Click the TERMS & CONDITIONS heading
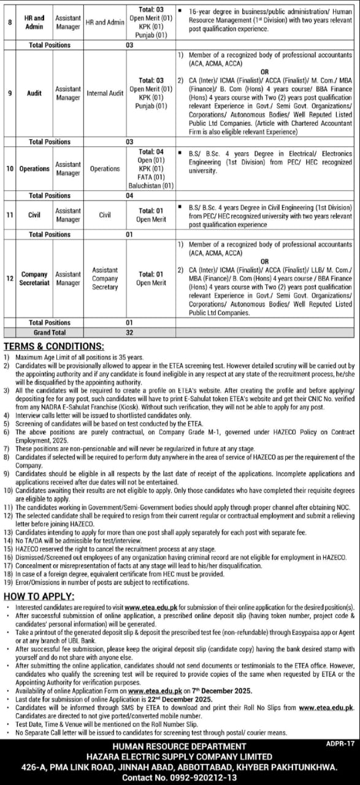click(53, 347)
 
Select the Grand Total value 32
click(129, 332)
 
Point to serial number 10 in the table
click(10, 169)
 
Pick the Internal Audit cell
click(105, 93)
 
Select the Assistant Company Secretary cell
click(105, 278)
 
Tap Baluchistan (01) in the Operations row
click(151, 186)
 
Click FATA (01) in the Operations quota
click(151, 177)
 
